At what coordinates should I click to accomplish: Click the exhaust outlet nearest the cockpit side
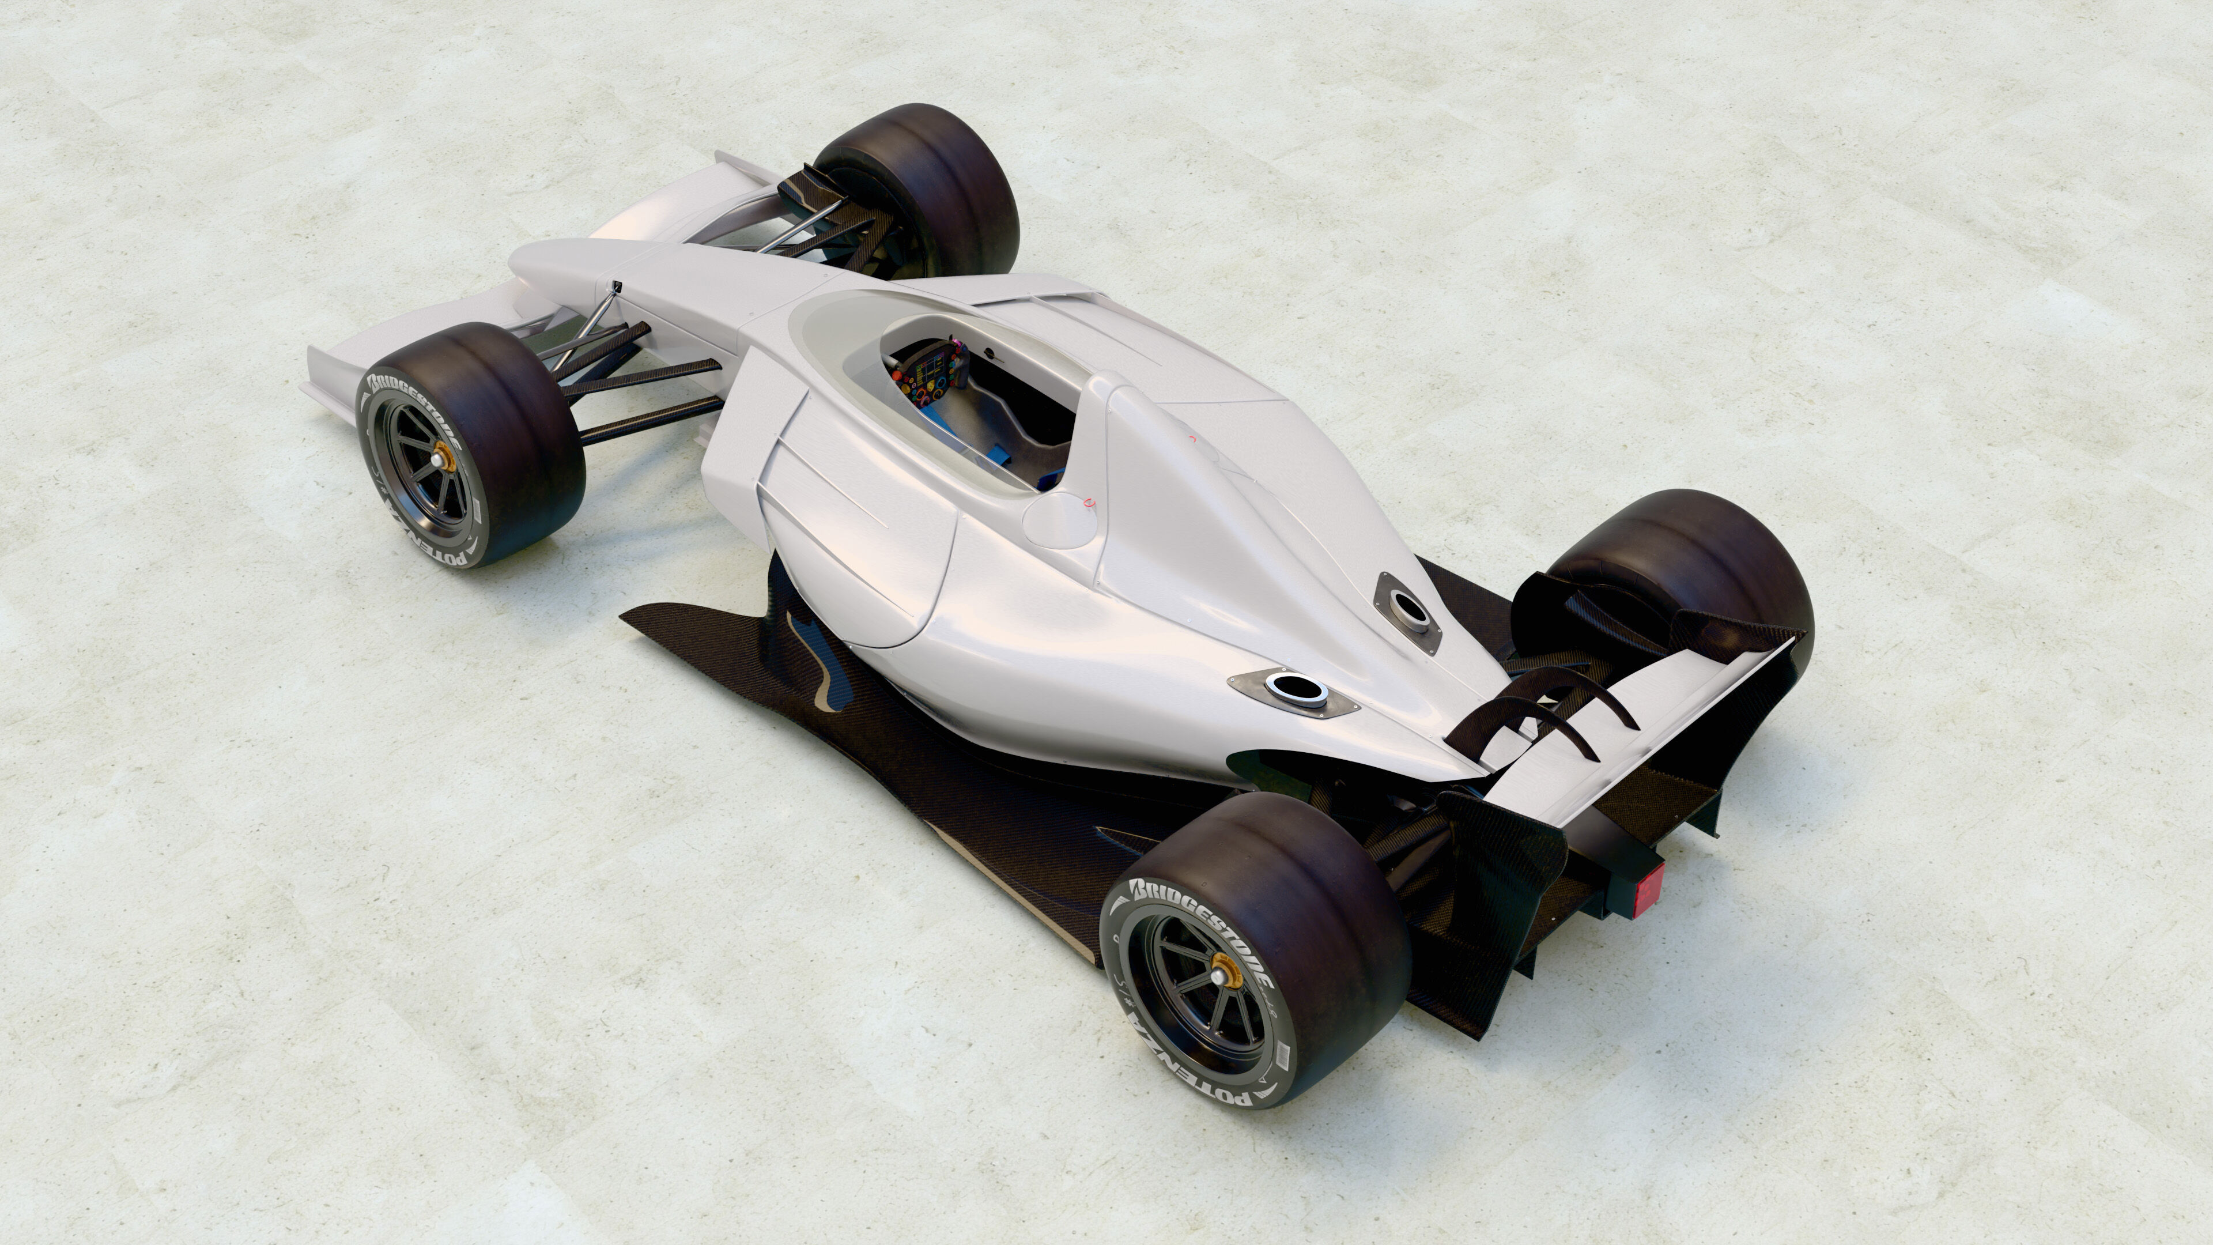[x=1293, y=688]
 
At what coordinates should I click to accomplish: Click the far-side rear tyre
[x=1684, y=559]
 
